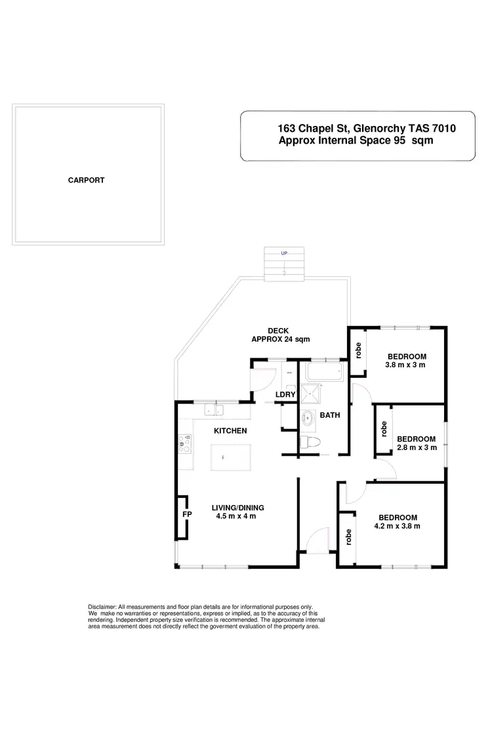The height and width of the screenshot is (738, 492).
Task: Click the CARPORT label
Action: coord(86,180)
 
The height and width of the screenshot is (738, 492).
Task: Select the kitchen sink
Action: coord(213,411)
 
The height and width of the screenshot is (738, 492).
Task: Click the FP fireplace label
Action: coord(186,514)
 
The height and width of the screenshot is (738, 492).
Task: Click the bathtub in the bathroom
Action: coord(323,372)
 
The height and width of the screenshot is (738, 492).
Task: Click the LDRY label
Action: coord(285,394)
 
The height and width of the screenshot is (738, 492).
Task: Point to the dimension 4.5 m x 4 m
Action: coord(236,516)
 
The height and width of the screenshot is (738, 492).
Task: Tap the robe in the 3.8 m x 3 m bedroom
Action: coord(359,351)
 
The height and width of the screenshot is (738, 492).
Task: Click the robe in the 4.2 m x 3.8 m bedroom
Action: coord(348,537)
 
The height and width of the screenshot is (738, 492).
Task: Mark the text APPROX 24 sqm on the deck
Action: coord(280,339)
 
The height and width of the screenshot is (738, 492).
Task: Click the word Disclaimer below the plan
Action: coord(102,607)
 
